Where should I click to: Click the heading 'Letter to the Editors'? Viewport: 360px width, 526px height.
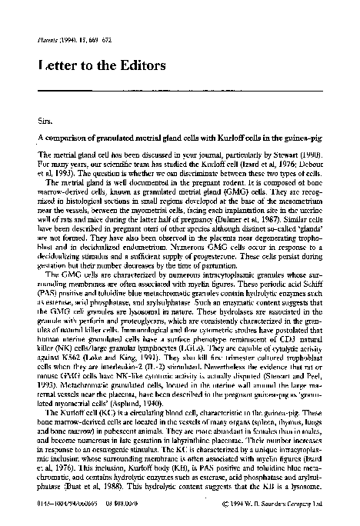pyautogui.click(x=101, y=66)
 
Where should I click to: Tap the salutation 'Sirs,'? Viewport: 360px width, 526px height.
pyautogui.click(x=45, y=121)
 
